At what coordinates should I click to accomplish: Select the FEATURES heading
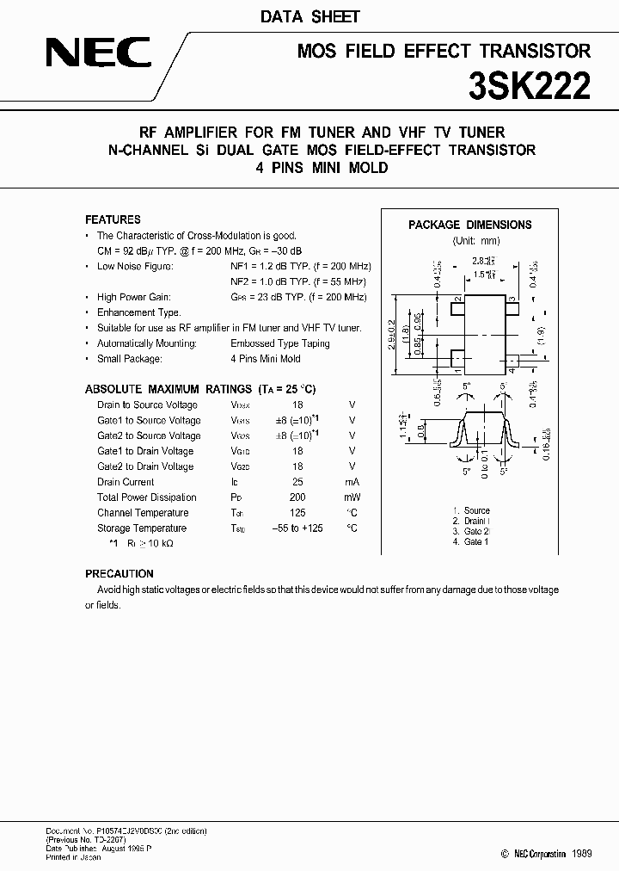pos(113,219)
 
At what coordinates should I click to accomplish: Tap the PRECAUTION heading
pos(120,573)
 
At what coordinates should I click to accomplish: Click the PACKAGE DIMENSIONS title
pos(469,225)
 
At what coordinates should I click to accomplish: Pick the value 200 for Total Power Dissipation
pos(297,497)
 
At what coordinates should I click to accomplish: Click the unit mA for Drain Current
pos(351,482)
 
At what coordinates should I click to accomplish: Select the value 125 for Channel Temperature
pos(297,513)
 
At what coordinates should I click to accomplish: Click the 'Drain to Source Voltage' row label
pos(147,405)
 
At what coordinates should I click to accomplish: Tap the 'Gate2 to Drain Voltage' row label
pos(145,466)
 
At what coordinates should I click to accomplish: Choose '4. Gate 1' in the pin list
pos(470,541)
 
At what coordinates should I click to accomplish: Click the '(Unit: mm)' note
pos(475,241)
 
